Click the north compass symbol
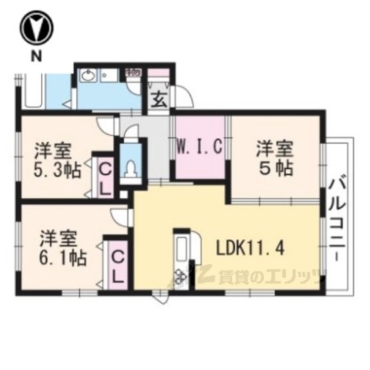coord(36,28)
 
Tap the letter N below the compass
coord(36,56)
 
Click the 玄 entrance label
coord(159,99)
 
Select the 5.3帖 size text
coord(57,172)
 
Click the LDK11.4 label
coord(249,249)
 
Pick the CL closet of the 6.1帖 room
coord(117,265)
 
